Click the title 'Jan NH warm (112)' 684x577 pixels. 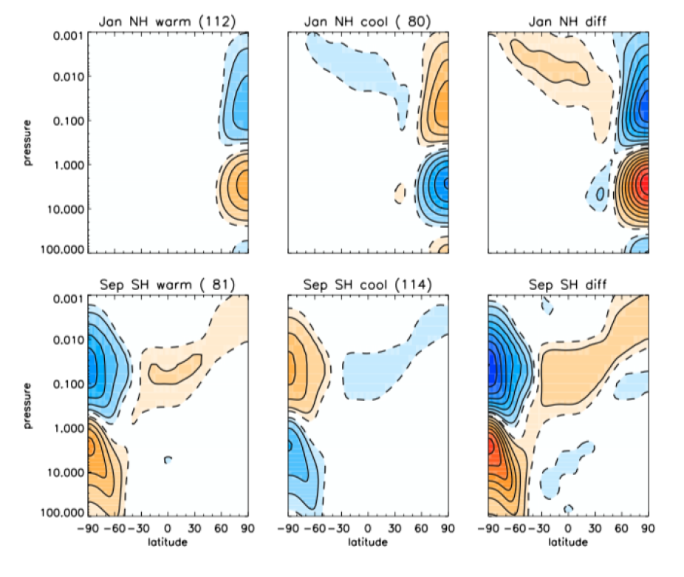click(x=167, y=19)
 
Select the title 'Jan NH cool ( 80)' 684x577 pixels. click(x=368, y=19)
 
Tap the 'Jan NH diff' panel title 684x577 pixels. click(x=567, y=19)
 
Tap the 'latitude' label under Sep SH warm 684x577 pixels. click(x=167, y=542)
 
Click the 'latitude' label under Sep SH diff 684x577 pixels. click(x=567, y=542)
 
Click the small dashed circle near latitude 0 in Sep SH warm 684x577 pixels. click(x=168, y=460)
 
